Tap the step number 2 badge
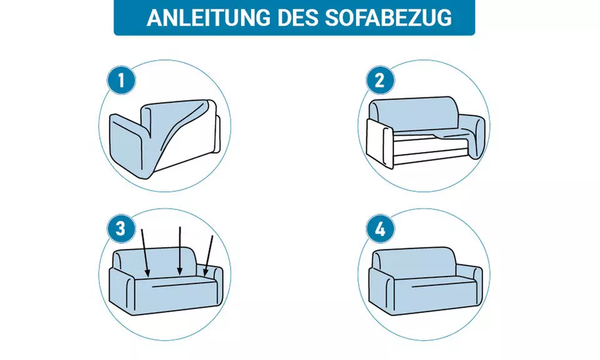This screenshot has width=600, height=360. coord(379,81)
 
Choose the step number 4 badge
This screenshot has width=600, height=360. coord(379,229)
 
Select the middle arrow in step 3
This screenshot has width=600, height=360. coord(180,250)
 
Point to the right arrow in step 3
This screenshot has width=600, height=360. coord(209,254)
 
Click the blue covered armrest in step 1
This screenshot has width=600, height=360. coord(128,144)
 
